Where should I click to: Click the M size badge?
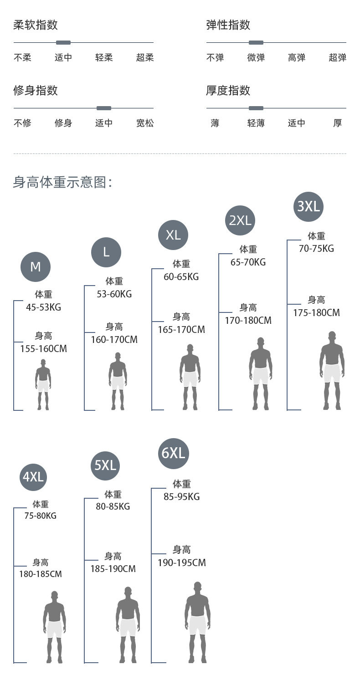pos(36,266)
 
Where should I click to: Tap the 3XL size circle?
pos(309,206)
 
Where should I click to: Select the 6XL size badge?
pos(174,453)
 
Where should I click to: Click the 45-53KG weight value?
pos(43,307)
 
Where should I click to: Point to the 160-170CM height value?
pos(114,340)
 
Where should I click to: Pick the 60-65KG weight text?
pos(181,277)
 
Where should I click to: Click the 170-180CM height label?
pos(248,321)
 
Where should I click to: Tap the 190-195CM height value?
pos(182,563)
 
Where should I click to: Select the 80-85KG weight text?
pos(113,506)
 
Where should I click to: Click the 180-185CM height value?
pos(41,574)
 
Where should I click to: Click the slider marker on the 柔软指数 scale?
pos(63,43)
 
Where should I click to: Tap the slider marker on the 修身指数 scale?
pos(104,108)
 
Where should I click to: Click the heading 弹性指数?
pos(228,25)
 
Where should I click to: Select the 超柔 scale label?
pos(145,58)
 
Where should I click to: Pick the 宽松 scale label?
pos(145,123)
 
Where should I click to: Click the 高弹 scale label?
pos(297,58)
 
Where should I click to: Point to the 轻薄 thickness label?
pos(256,123)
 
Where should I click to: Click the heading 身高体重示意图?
pos(62,183)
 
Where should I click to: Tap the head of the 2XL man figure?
pos(261,342)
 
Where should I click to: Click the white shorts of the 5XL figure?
pos(128,627)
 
